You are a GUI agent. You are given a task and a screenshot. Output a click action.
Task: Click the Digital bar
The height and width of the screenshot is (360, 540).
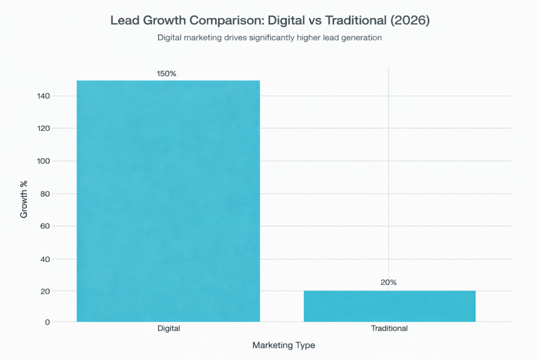pos(168,201)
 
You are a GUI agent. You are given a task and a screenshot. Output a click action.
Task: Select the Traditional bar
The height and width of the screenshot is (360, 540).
pos(389,306)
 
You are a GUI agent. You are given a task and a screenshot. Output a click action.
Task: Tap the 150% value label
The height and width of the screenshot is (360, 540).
pos(167,74)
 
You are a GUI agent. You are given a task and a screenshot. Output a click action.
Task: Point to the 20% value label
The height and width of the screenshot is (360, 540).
pos(389,283)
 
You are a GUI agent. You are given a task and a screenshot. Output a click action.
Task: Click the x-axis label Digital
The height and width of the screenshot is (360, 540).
pos(169,328)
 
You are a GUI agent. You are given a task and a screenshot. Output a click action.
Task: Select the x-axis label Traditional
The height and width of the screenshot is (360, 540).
pos(389,328)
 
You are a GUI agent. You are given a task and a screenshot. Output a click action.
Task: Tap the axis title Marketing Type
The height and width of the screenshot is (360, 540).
pos(284,345)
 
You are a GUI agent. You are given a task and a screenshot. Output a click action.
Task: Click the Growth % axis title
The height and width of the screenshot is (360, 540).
pos(24,199)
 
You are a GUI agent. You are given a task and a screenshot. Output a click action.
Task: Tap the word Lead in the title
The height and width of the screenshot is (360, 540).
pos(123,21)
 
